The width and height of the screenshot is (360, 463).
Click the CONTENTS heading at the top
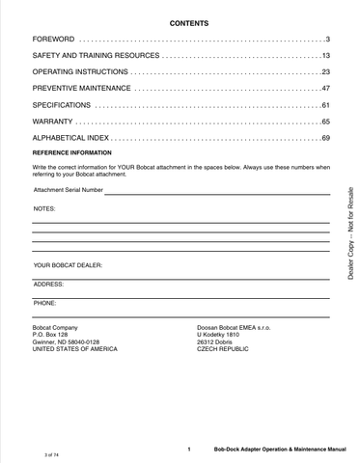(x=180, y=21)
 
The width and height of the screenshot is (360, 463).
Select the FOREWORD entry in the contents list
(x=53, y=39)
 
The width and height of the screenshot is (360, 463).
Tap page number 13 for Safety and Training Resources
(x=326, y=56)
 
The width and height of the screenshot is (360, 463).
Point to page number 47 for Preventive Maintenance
(x=326, y=88)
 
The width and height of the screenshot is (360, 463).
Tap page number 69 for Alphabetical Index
(x=326, y=139)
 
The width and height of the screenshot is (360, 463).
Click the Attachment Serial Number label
(x=68, y=190)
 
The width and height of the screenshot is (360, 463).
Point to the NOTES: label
(x=44, y=207)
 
